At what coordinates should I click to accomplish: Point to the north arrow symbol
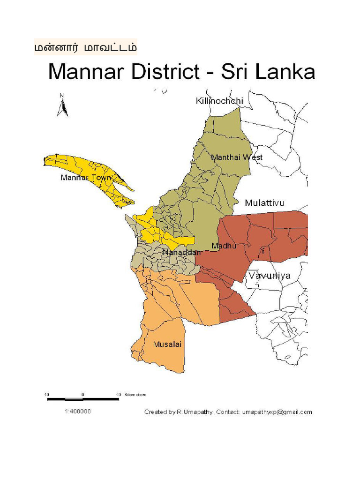click(x=62, y=105)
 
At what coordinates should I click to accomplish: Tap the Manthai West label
click(x=237, y=157)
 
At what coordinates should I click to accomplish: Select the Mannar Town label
click(x=86, y=178)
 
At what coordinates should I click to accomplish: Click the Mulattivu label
click(x=264, y=203)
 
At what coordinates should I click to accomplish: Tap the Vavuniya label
click(x=270, y=276)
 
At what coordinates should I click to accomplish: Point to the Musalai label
click(x=167, y=345)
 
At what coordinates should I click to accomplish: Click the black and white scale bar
click(x=83, y=399)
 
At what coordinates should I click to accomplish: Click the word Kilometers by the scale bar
click(x=135, y=395)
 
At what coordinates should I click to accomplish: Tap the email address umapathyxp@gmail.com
click(x=277, y=412)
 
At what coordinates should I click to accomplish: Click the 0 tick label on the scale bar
click(x=82, y=395)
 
